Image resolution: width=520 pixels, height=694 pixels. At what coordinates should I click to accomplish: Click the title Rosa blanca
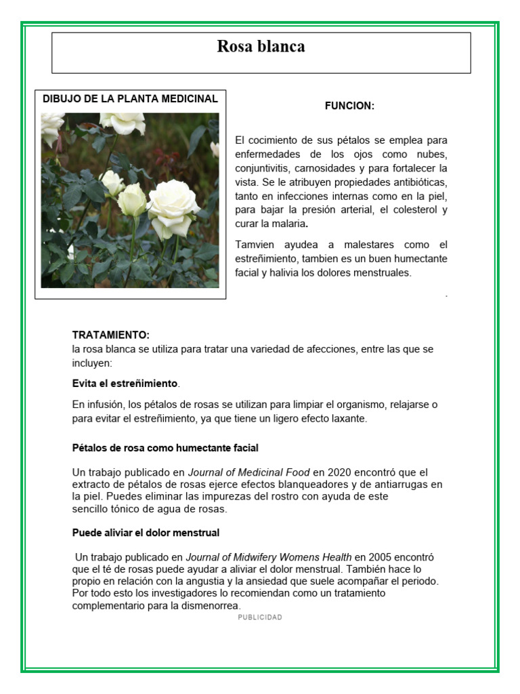[x=261, y=47]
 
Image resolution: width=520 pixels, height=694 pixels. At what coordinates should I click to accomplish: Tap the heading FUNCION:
[x=349, y=106]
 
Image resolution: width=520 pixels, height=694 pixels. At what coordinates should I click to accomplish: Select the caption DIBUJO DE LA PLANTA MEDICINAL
[x=130, y=99]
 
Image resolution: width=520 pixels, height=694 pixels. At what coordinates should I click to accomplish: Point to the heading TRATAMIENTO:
[x=111, y=335]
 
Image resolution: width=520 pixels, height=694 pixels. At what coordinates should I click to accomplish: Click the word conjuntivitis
[x=263, y=168]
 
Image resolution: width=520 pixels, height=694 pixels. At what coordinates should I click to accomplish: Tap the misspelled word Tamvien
[x=255, y=245]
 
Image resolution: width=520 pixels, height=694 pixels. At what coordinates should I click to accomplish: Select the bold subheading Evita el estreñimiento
[x=125, y=384]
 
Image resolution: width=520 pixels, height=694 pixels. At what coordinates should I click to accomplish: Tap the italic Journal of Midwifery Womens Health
[x=268, y=557]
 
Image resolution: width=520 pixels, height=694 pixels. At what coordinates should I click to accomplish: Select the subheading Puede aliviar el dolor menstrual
[x=146, y=533]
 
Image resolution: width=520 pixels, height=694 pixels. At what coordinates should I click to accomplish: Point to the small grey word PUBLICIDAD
[x=260, y=617]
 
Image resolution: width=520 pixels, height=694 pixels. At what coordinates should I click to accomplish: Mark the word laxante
[x=347, y=419]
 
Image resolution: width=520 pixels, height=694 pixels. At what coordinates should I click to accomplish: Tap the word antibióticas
[x=416, y=182]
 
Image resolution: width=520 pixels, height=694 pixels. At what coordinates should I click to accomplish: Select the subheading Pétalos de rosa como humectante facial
[x=165, y=448]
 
